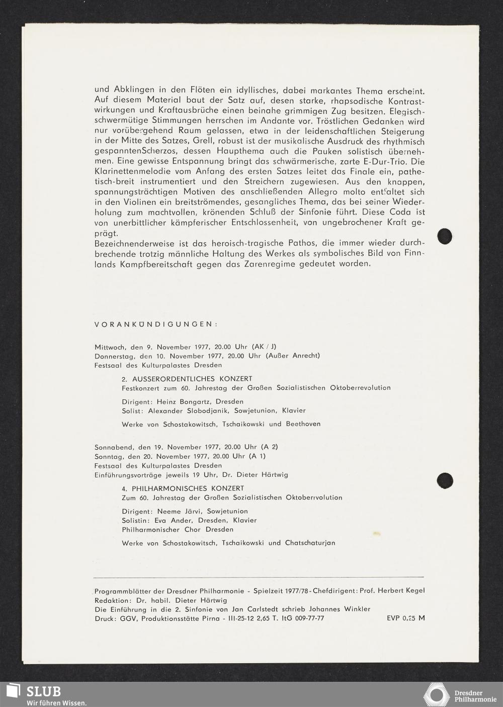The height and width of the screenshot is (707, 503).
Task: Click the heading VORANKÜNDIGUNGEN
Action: (x=156, y=324)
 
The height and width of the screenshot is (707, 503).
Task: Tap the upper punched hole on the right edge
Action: (x=445, y=236)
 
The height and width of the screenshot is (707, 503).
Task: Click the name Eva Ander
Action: (x=175, y=520)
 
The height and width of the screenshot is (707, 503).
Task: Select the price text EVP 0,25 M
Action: (x=406, y=618)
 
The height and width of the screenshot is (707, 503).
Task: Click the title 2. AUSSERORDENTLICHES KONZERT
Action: (x=187, y=379)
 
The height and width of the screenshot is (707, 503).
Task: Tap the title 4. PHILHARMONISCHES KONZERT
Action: (x=183, y=488)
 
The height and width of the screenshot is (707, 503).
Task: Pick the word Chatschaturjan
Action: (x=310, y=543)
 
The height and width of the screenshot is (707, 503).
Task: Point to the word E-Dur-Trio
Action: (x=385, y=162)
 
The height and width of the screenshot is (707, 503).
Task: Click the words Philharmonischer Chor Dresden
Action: (x=178, y=529)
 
